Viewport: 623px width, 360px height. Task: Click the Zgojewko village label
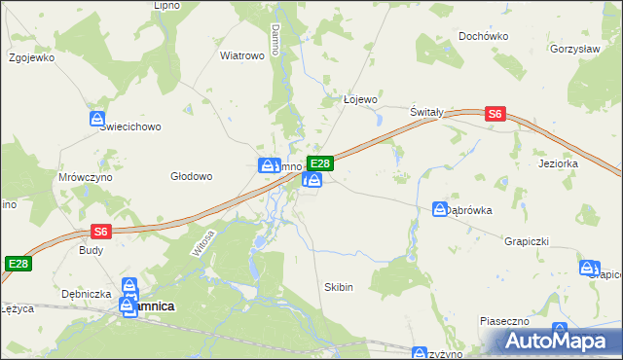point(31,56)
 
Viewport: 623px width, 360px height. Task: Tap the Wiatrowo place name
point(242,55)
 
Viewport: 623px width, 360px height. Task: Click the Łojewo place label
point(360,99)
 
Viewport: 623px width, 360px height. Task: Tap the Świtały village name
point(426,112)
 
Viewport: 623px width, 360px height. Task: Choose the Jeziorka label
point(558,163)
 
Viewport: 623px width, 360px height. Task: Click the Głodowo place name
point(191,176)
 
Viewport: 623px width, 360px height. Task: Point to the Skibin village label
point(337,288)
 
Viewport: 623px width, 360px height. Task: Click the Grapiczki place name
point(529,239)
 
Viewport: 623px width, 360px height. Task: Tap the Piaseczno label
point(503,320)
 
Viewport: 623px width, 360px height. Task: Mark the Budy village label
point(91,249)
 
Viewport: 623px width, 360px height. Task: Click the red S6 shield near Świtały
point(495,114)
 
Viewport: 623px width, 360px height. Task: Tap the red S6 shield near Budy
point(101,231)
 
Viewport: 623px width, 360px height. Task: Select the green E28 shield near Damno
point(320,162)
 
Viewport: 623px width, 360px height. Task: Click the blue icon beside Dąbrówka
point(440,209)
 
